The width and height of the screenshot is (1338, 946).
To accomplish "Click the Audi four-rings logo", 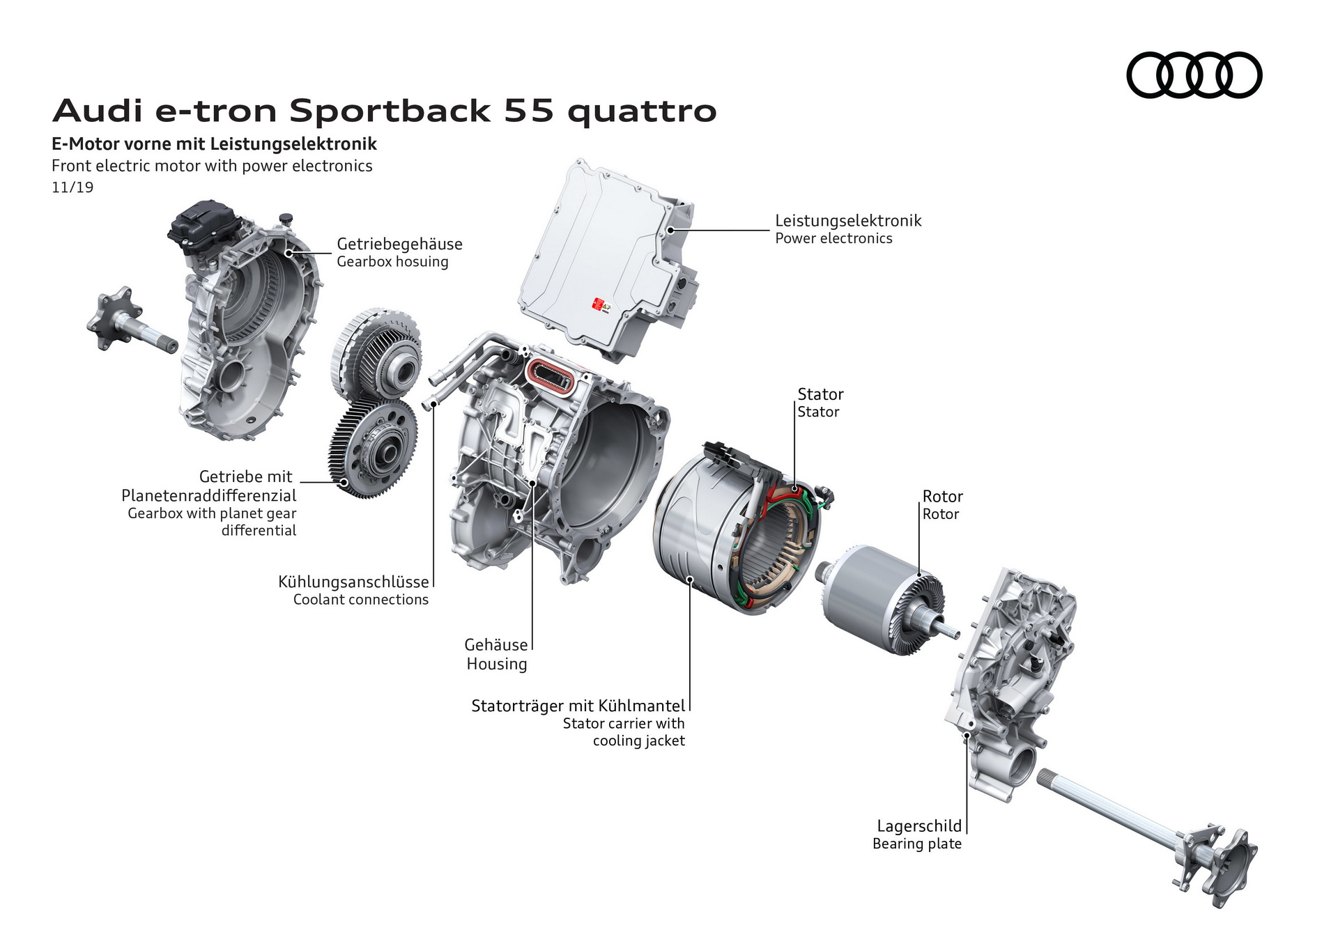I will (1194, 75).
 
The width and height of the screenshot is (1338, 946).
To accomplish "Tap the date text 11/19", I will (72, 187).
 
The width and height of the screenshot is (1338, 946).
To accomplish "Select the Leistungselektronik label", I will (848, 221).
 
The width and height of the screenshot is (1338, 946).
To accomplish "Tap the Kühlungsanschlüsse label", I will (353, 582).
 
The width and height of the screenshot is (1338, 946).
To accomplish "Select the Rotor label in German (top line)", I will (942, 497).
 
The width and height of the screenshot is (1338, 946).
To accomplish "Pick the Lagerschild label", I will (918, 826).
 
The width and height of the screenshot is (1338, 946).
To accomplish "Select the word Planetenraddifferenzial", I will (209, 495).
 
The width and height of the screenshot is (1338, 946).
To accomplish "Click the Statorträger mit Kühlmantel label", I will (578, 706).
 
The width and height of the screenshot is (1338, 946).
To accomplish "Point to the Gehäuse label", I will (496, 645).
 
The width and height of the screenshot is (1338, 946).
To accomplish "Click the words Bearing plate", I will (916, 844).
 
